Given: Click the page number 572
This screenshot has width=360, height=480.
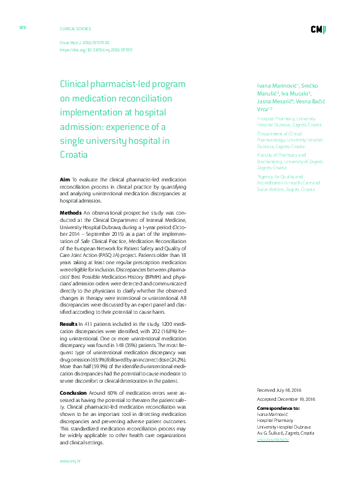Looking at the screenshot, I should [22, 27].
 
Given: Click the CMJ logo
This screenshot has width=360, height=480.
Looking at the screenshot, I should [319, 30].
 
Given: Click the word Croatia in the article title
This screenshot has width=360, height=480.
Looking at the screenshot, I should [73, 154].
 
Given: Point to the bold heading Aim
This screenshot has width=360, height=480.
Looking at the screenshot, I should [65, 180].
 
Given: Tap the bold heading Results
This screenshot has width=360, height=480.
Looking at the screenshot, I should [68, 324].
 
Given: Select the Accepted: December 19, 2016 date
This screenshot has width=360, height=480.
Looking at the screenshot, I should [287, 400].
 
